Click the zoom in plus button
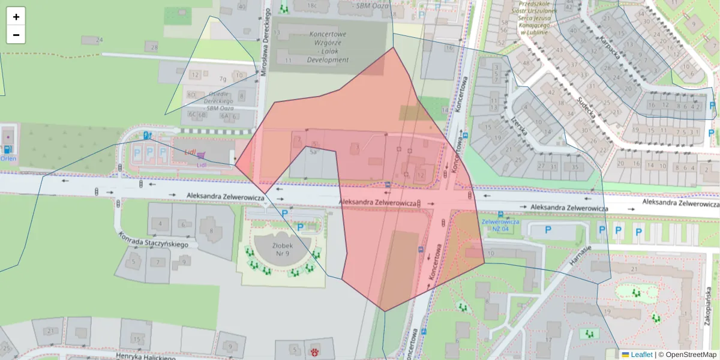[x=16, y=17]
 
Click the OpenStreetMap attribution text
[x=690, y=355]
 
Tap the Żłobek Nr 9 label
[x=283, y=250]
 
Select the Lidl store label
[x=191, y=152]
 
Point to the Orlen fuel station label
[x=8, y=159]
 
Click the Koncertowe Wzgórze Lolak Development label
[x=328, y=47]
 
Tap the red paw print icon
[x=314, y=349]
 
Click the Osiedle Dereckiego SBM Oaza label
[x=212, y=101]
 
